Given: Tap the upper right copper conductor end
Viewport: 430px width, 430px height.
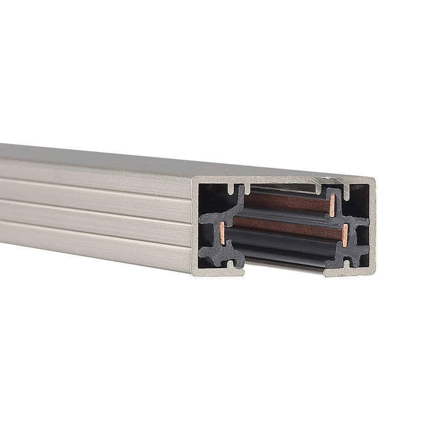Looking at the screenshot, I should tap(332, 205).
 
